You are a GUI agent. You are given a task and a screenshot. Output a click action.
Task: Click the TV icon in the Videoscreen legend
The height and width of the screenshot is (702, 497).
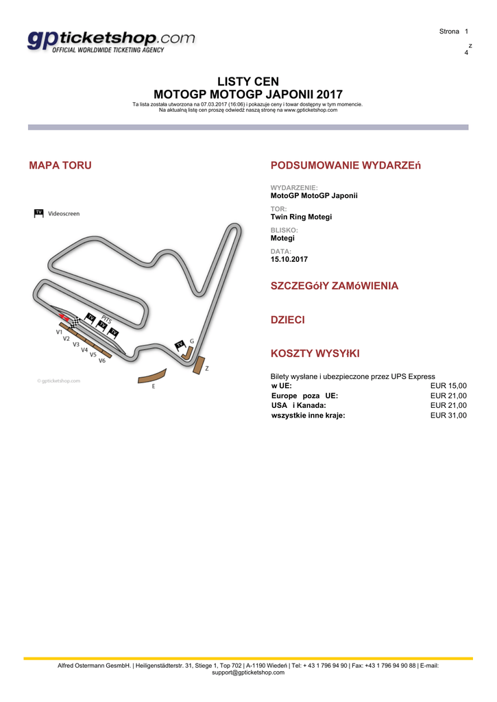coord(39,213)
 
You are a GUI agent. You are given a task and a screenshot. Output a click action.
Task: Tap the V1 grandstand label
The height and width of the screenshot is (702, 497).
coord(60,331)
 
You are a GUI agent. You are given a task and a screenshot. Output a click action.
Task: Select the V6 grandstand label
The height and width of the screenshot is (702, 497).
coord(101,361)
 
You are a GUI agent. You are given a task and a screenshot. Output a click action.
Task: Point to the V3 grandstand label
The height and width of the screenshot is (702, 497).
coord(76,344)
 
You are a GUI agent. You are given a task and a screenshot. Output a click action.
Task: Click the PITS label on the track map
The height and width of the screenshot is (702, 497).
coord(106,319)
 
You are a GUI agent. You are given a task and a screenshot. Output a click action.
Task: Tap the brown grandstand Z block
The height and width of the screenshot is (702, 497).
coord(199,365)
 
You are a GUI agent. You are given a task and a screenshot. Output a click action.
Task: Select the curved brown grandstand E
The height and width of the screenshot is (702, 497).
coord(152,376)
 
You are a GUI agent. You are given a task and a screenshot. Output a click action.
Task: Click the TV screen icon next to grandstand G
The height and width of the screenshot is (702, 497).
coord(180,344)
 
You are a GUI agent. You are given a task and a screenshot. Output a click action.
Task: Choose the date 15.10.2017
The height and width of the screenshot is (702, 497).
coord(289,259)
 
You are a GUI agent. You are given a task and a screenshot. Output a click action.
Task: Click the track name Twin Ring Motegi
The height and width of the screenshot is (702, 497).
coord(301,217)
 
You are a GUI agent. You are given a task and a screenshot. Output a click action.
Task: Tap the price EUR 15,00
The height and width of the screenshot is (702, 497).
coord(448,386)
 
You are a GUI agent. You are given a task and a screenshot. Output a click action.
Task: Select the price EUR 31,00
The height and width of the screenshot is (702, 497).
coord(448,415)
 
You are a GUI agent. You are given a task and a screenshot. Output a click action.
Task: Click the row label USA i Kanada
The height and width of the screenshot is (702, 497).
coord(299,405)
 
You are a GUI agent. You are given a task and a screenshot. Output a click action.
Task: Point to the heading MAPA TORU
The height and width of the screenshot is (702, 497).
coord(60,165)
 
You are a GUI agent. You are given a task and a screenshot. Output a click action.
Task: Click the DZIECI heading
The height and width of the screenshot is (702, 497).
coord(288,319)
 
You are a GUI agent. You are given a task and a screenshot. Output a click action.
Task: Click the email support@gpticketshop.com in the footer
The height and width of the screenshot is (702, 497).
coord(248,673)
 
